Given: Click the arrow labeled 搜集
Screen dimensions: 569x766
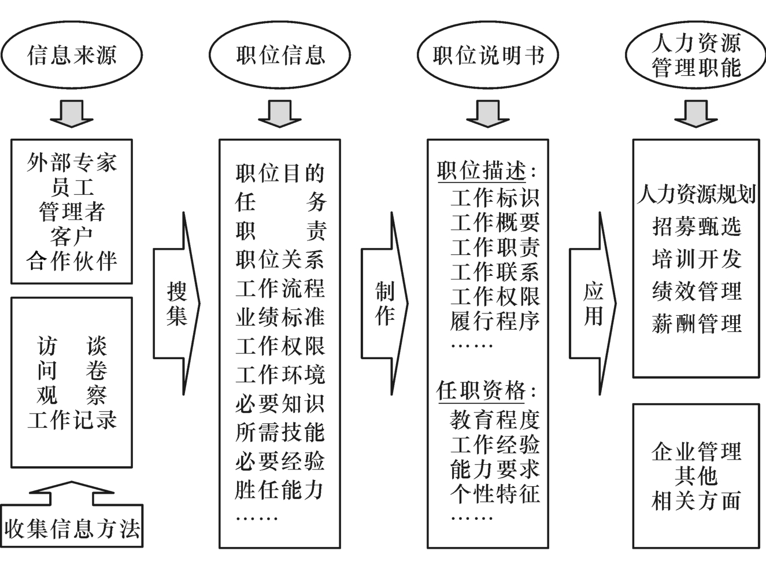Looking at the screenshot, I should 176,303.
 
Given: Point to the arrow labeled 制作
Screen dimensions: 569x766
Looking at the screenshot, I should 384,303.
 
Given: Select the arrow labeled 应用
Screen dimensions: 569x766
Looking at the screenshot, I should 593,303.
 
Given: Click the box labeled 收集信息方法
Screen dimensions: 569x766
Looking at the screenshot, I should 72,528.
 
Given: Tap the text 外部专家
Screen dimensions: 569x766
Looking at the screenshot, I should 72,162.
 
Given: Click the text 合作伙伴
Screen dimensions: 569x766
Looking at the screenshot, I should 72,261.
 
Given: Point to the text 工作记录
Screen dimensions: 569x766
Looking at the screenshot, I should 72,420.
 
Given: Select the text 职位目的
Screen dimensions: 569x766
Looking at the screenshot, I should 280,173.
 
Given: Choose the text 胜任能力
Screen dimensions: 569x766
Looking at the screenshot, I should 280,490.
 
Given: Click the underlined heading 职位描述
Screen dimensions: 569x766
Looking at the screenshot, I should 481,171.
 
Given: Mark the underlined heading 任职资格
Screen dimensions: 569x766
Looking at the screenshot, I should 481,391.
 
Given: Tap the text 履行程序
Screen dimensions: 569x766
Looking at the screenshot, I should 495,320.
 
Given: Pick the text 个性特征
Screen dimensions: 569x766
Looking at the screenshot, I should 495,493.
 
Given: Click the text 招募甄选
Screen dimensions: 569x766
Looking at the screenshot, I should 696,226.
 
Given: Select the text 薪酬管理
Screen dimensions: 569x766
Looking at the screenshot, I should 696,323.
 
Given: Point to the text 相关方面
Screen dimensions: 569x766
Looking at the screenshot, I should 696,501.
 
